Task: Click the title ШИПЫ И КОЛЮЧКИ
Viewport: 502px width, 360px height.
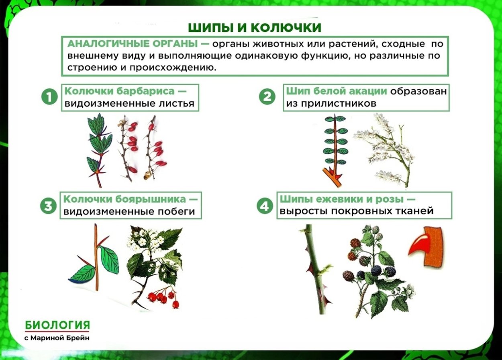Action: click(255, 27)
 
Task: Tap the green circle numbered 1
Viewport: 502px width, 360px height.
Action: click(49, 97)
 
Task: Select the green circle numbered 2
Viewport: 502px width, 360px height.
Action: click(267, 97)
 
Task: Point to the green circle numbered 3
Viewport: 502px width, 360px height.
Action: click(48, 206)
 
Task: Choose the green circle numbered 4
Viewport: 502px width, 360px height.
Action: click(264, 206)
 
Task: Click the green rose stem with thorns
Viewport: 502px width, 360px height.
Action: click(315, 269)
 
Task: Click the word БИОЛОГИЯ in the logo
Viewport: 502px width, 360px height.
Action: click(57, 325)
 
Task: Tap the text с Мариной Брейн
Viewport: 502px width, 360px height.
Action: click(57, 338)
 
